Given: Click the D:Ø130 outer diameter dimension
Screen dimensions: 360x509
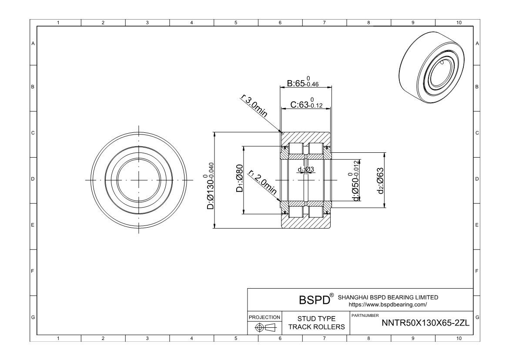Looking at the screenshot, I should pyautogui.click(x=211, y=186).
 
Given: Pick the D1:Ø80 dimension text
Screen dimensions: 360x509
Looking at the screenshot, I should pyautogui.click(x=240, y=178).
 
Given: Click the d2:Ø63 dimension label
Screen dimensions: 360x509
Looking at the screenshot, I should pyautogui.click(x=380, y=180).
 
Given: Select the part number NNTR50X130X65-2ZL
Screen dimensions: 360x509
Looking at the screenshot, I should pyautogui.click(x=425, y=323).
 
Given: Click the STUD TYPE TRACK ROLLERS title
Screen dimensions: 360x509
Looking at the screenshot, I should pyautogui.click(x=316, y=323).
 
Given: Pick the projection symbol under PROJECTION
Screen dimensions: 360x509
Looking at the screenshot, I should pyautogui.click(x=265, y=327).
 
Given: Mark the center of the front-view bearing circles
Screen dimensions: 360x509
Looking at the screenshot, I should pyautogui.click(x=139, y=180).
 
